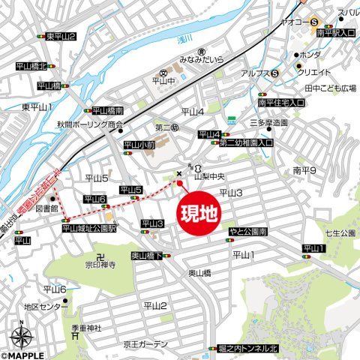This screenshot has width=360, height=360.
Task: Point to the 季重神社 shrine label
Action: pos(86,328)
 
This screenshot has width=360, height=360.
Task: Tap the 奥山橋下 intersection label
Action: pos(148,256)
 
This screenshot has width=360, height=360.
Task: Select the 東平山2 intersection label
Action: pos(61,36)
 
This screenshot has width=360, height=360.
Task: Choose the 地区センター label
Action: pos(44,307)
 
